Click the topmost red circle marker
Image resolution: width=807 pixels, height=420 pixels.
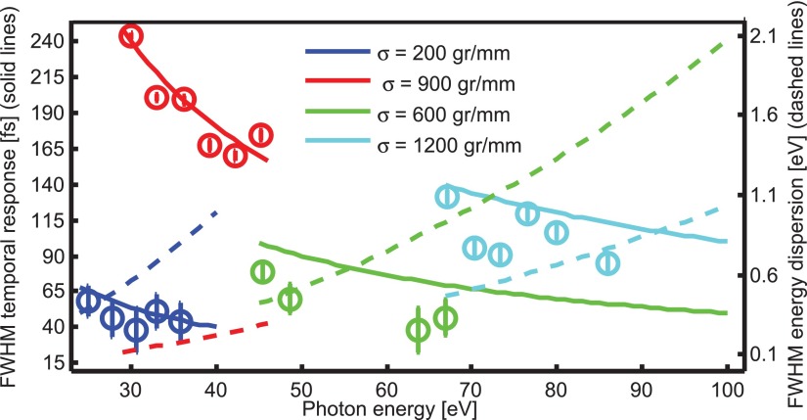pyautogui.click(x=132, y=36)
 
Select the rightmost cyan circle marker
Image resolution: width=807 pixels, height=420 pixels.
pyautogui.click(x=608, y=261)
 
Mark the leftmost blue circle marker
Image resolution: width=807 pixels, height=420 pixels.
pyautogui.click(x=88, y=300)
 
